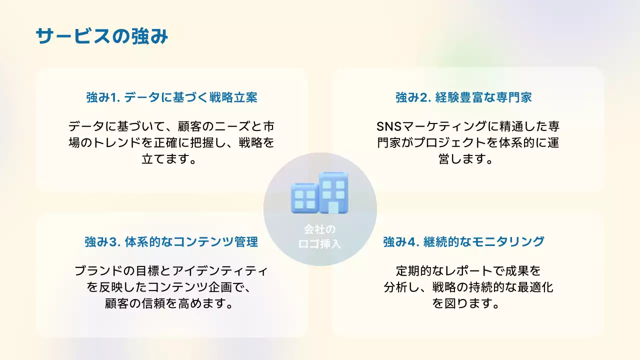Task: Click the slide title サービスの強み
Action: click(x=102, y=37)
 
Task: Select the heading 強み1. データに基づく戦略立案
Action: click(x=171, y=97)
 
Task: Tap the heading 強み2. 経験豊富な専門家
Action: click(x=463, y=97)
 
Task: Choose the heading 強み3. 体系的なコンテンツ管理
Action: click(x=171, y=242)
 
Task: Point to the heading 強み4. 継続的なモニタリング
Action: click(x=463, y=242)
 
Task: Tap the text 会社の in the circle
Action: click(x=320, y=230)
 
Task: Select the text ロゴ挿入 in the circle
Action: click(x=320, y=244)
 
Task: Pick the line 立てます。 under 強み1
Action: click(x=171, y=159)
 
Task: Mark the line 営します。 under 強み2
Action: click(x=463, y=159)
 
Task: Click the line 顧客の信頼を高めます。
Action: click(x=171, y=303)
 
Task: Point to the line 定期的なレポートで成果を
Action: click(x=468, y=271)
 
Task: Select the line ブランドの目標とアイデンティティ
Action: click(x=171, y=271)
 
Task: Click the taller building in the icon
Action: click(x=333, y=192)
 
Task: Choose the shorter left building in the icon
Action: click(x=303, y=198)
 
